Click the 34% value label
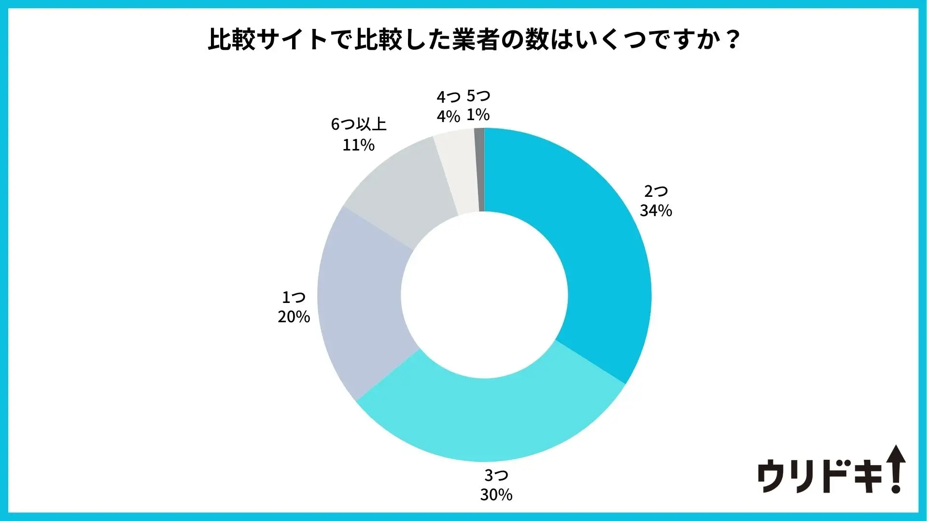pos(656,211)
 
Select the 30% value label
pos(496,494)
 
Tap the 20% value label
pos(294,317)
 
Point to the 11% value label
pos(358,145)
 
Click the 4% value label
pos(448,116)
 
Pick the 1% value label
pos(478,115)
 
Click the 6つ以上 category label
pos(358,124)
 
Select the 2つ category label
pos(656,192)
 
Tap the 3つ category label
pos(496,475)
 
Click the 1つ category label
pos(294,297)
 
